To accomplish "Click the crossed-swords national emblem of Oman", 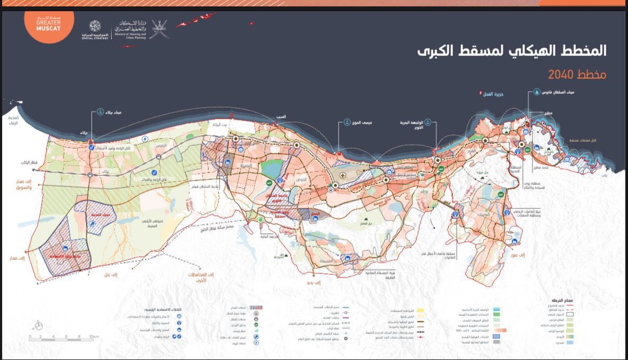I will (159, 29).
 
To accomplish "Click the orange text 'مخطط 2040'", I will (577, 74).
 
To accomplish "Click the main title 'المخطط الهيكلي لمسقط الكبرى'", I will (511, 51).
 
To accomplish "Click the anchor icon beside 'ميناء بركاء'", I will (100, 112).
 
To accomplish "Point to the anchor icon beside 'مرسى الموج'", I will (347, 122).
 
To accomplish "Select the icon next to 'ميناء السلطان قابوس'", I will (537, 92).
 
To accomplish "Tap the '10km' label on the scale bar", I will (94, 337).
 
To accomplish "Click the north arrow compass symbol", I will (39, 325).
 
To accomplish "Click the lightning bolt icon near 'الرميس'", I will (146, 138).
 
